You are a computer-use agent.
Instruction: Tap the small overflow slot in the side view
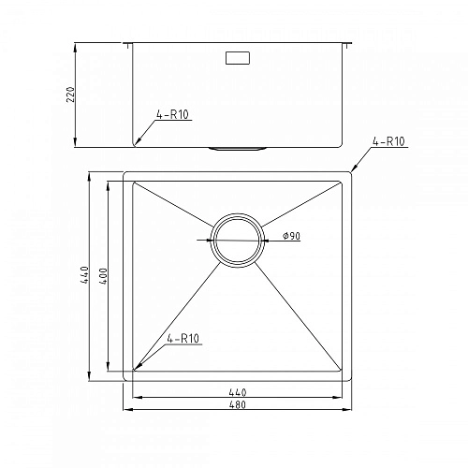coord(237,58)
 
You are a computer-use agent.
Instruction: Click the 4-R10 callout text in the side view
coord(171,116)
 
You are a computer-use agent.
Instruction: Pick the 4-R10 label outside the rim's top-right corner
coord(388,141)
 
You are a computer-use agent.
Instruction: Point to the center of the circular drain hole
coord(237,238)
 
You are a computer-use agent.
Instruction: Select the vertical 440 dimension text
coord(84,275)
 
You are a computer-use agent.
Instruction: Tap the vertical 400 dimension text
coord(105,275)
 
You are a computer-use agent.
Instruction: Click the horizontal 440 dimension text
coord(238,391)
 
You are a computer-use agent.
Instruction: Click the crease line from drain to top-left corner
coord(178,208)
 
